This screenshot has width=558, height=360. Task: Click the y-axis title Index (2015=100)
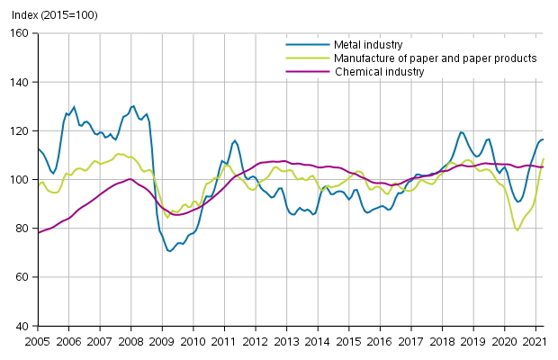point(49,15)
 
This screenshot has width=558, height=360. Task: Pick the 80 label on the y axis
point(24,228)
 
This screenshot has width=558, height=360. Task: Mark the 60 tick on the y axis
point(24,276)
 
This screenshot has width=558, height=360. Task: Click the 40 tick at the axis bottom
point(24,326)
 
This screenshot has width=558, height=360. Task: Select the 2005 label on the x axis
point(37,341)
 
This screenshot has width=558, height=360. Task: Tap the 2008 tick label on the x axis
point(130,341)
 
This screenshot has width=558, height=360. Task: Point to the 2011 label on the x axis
point(223,341)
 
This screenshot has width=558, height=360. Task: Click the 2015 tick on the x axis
point(347,341)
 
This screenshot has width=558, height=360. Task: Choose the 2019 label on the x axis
point(472,341)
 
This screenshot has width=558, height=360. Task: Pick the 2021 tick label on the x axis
point(534,341)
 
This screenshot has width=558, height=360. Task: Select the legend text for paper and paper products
point(435,58)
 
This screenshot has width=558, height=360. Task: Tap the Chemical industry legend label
point(380,72)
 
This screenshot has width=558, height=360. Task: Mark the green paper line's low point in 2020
point(517,230)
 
